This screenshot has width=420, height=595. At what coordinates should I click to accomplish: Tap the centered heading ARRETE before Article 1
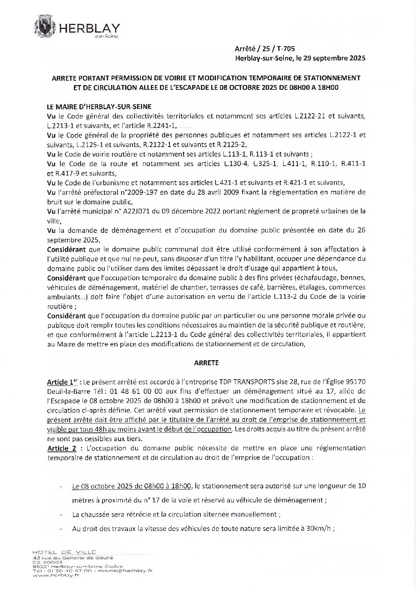tap(206, 363)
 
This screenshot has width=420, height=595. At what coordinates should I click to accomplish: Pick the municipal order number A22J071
tap(147, 211)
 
